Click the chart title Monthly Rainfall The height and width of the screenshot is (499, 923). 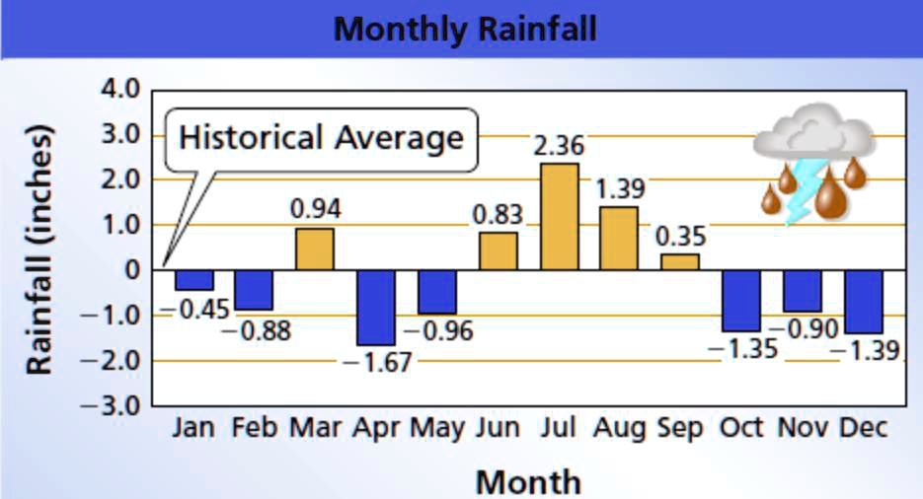click(x=464, y=28)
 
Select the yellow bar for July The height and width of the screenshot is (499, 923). click(x=559, y=216)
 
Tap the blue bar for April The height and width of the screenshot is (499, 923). click(x=375, y=307)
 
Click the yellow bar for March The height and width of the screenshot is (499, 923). click(x=314, y=249)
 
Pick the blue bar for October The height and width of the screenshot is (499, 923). click(x=740, y=300)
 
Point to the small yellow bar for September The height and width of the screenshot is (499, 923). click(x=680, y=261)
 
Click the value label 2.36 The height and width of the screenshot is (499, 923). click(x=559, y=146)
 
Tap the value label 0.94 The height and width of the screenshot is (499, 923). click(x=315, y=209)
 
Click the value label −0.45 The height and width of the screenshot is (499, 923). click(x=194, y=309)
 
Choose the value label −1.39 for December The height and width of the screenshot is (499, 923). click(x=865, y=349)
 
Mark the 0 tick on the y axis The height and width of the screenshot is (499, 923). click(x=132, y=269)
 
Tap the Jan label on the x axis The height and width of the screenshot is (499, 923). click(x=193, y=428)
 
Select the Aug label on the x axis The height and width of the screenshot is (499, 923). click(x=619, y=428)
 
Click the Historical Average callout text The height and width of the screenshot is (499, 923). click(x=321, y=137)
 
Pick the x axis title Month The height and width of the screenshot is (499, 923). click(x=528, y=481)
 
